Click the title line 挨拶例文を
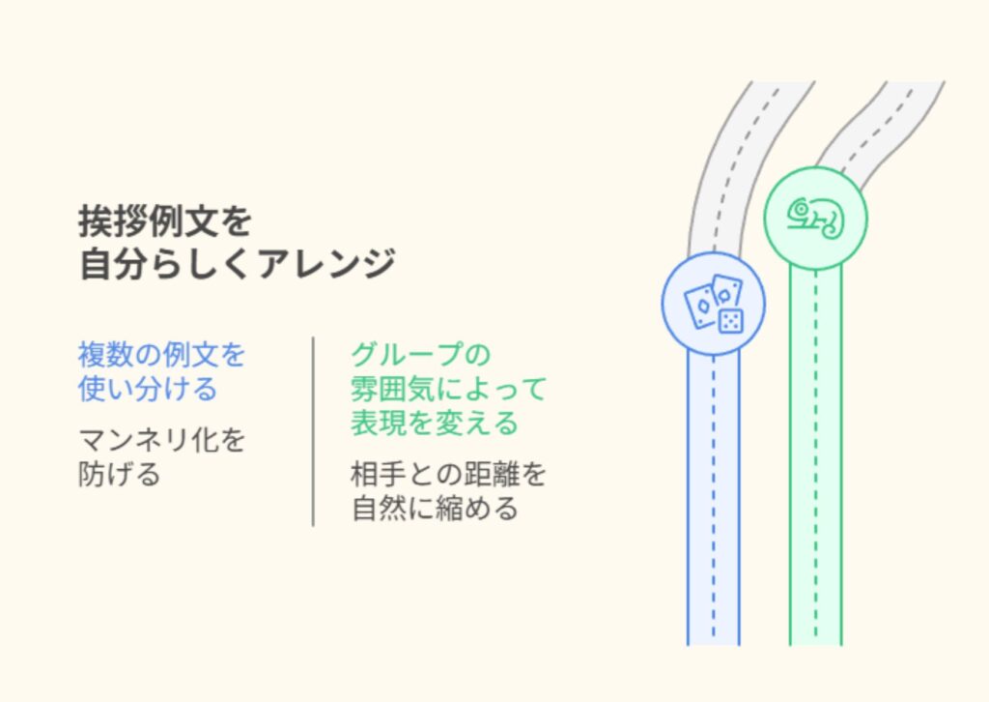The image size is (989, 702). click(x=165, y=221)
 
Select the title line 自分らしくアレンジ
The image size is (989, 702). click(x=237, y=263)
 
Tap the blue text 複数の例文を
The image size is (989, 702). click(x=161, y=354)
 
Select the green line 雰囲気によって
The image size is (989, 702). click(x=448, y=389)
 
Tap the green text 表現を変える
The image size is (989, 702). click(x=434, y=423)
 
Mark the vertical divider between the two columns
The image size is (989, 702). click(x=313, y=431)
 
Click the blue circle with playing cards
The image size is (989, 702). click(x=713, y=304)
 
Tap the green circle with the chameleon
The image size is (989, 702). click(x=815, y=218)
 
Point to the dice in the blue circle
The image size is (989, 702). click(x=728, y=319)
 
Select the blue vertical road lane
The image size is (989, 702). click(x=713, y=503)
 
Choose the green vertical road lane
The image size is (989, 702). click(x=815, y=464)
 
